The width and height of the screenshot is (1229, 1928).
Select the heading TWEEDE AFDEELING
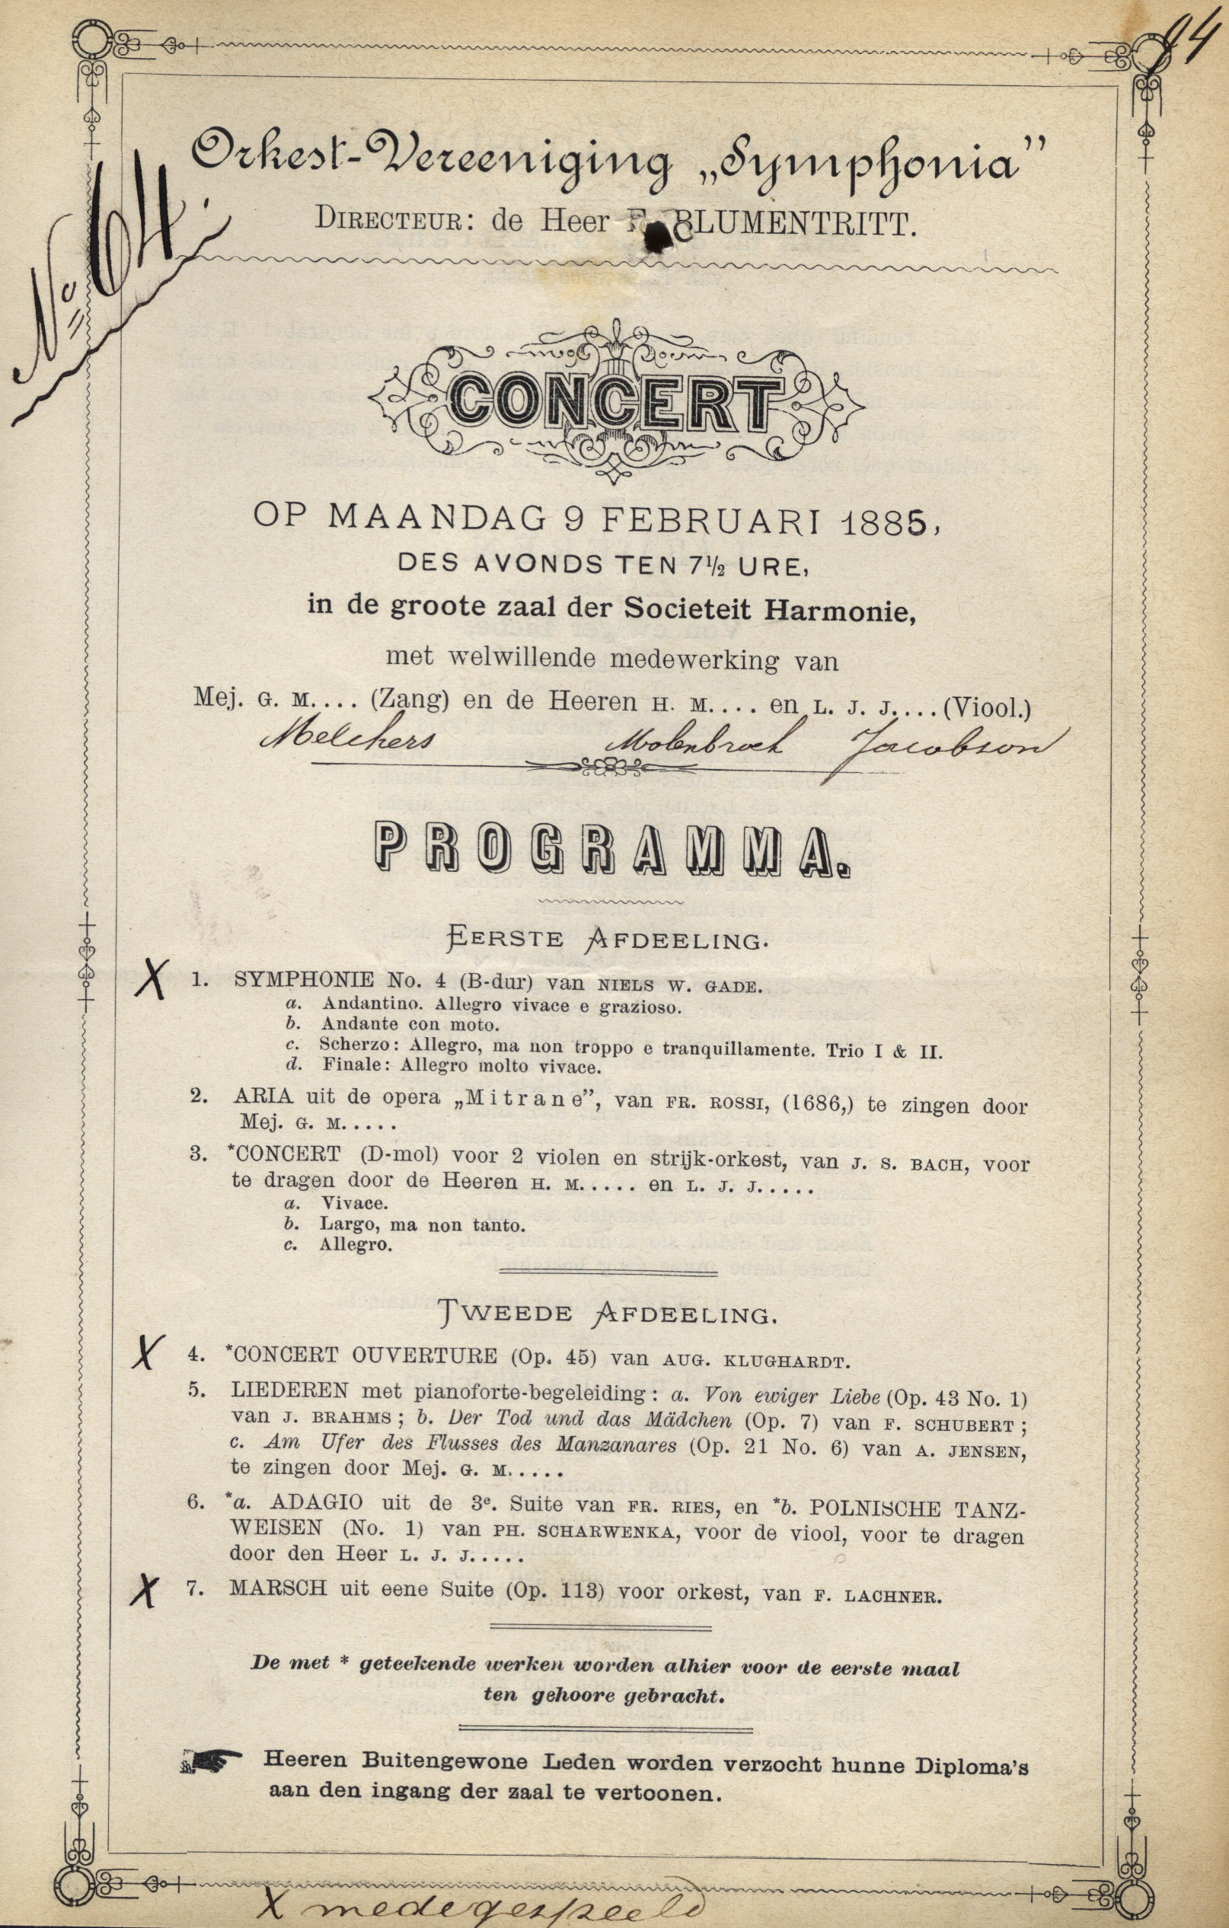click(x=608, y=1315)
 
